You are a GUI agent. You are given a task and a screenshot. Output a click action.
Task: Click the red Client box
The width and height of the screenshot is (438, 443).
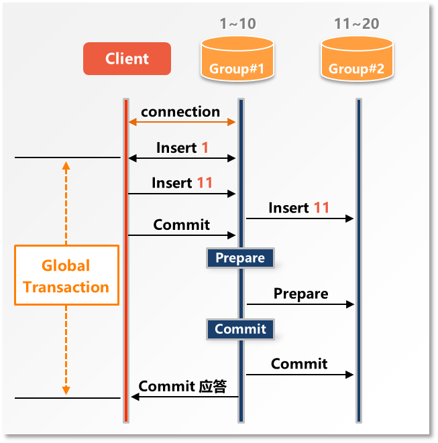click(127, 58)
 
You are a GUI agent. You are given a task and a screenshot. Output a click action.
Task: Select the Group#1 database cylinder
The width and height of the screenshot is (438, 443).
click(237, 58)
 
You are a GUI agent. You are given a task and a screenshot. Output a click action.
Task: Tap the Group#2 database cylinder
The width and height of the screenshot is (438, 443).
click(356, 58)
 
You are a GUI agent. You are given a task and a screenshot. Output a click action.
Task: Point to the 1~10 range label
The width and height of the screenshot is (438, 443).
click(237, 24)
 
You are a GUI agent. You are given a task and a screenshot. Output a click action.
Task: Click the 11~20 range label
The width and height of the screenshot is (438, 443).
click(356, 24)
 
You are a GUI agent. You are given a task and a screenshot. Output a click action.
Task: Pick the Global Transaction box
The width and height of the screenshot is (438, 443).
click(66, 275)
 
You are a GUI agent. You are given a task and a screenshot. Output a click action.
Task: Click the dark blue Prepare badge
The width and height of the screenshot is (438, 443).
click(240, 258)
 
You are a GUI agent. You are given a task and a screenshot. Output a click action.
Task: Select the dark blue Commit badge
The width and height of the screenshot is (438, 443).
click(240, 329)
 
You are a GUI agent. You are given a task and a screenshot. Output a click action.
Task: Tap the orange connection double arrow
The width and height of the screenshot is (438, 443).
click(182, 122)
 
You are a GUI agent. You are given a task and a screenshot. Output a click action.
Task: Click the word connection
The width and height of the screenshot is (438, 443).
click(180, 111)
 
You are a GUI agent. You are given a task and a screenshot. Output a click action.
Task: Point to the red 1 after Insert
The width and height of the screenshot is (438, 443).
click(205, 147)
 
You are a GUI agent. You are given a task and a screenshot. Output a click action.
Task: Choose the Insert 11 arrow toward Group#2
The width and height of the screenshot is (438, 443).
click(299, 218)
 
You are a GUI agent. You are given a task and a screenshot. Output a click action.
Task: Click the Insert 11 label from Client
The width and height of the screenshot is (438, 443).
click(182, 182)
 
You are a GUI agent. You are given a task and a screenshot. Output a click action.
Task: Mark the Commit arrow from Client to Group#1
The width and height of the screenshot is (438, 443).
click(182, 235)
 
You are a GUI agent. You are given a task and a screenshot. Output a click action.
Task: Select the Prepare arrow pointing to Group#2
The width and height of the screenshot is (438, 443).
click(299, 304)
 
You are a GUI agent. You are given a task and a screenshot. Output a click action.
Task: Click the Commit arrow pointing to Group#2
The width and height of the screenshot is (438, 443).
click(299, 375)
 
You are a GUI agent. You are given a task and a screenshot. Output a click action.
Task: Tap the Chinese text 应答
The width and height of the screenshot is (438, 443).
click(213, 387)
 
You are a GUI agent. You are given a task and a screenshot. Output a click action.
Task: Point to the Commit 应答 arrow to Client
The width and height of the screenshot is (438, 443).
click(184, 397)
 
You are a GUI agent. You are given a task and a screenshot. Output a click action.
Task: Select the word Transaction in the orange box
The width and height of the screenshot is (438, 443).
click(66, 287)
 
